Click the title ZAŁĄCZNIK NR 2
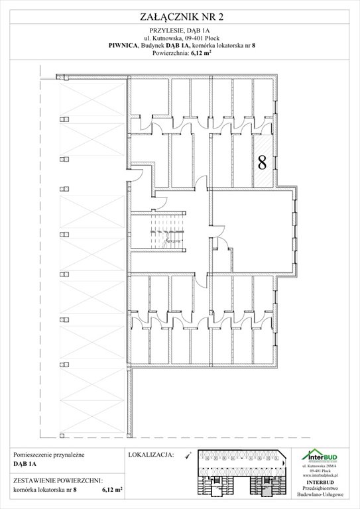pyautogui.click(x=180, y=9)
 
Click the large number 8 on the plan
pyautogui.click(x=262, y=160)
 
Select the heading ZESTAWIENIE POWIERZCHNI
pyautogui.click(x=57, y=481)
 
